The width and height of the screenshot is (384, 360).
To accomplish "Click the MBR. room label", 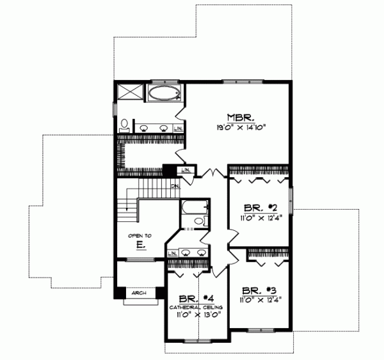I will [x=241, y=117].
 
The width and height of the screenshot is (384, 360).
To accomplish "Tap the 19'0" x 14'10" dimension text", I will [x=241, y=127].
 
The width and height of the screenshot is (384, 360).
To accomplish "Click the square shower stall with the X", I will [x=130, y=91].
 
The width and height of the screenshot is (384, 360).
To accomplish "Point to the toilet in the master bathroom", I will [x=125, y=124].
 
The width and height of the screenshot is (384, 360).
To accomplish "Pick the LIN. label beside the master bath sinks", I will [x=177, y=129].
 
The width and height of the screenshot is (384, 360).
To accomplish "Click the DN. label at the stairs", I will [x=175, y=185].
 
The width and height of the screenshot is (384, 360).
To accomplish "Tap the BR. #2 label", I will [x=260, y=207].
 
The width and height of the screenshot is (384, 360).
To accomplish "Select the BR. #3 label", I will [x=259, y=289].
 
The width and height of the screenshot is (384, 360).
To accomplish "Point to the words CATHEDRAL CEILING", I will [x=195, y=307].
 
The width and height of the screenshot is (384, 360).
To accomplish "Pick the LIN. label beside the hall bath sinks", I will [x=172, y=253].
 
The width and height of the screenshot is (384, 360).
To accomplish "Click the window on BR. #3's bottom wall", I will [x=259, y=330].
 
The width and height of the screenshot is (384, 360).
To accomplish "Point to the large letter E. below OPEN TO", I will [x=139, y=245].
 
